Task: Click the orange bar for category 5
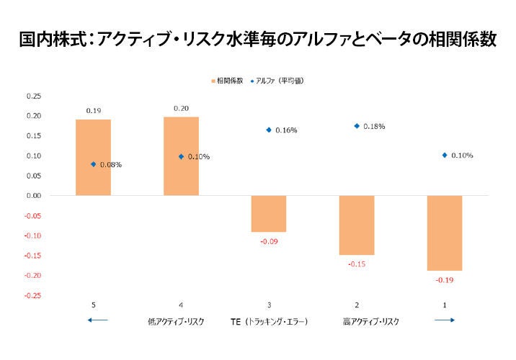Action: [93, 157]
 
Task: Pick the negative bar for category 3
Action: [269, 213]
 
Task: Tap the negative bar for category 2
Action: [357, 225]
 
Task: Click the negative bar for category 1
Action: [445, 233]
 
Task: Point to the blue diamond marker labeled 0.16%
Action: [269, 130]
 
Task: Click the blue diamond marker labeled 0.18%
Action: [357, 126]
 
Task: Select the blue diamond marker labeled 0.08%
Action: [93, 164]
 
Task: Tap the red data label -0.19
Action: [445, 279]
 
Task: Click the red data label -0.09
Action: [269, 241]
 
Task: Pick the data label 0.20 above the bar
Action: [181, 108]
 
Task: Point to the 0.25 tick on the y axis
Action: [34, 96]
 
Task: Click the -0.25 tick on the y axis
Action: [33, 295]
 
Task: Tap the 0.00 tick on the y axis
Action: [34, 196]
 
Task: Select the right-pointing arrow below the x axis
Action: [445, 321]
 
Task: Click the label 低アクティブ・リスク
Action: [175, 321]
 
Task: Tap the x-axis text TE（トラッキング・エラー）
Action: [269, 321]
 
